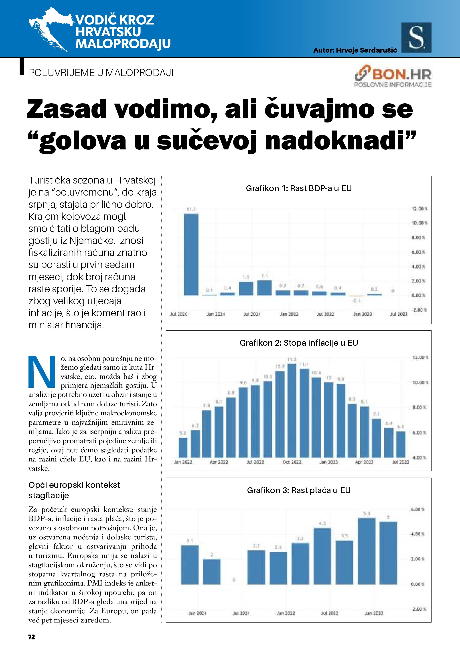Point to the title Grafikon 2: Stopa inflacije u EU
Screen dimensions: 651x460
pyautogui.click(x=299, y=343)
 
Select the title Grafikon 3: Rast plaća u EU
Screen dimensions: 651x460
pyautogui.click(x=299, y=490)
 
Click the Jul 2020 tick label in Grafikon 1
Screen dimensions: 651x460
pyautogui.click(x=178, y=314)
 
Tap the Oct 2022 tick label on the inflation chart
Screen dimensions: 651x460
pyautogui.click(x=292, y=462)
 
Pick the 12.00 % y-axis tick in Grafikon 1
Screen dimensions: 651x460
pyautogui.click(x=419, y=209)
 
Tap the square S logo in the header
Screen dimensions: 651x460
pyautogui.click(x=416, y=37)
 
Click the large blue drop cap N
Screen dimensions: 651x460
pyautogui.click(x=42, y=371)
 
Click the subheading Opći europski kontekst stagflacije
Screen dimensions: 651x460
pyautogui.click(x=74, y=490)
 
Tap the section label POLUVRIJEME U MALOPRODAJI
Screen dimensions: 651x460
pyautogui.click(x=101, y=73)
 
